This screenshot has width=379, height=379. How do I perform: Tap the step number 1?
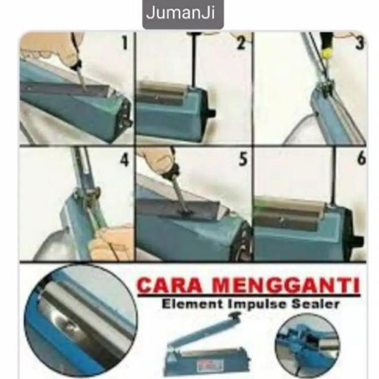125,43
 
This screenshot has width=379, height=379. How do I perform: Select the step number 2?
241,43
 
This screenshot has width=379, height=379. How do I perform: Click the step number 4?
125,160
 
